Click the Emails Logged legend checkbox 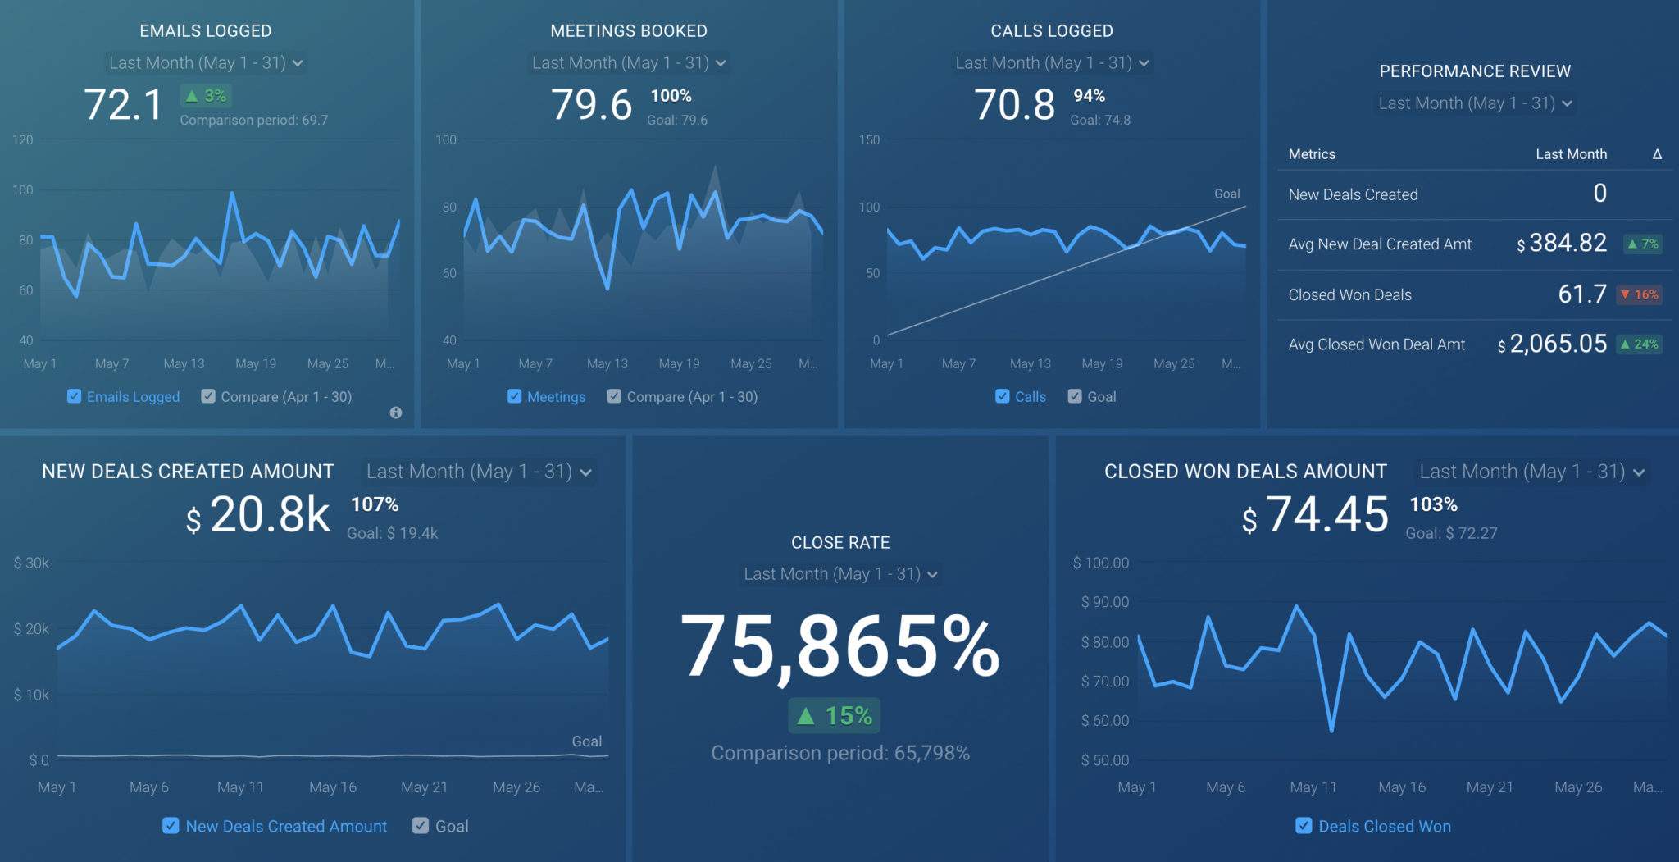click(x=75, y=396)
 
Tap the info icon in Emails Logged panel click(x=396, y=413)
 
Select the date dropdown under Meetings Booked click(x=628, y=63)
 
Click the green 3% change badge click(x=206, y=96)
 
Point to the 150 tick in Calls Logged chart click(x=869, y=140)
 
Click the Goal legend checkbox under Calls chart click(x=1075, y=396)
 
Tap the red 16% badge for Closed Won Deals click(x=1639, y=294)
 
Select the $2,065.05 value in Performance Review click(x=1558, y=344)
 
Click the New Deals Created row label click(x=1353, y=194)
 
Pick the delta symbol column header click(x=1657, y=154)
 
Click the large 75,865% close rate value click(x=839, y=648)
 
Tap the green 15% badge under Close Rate click(x=835, y=716)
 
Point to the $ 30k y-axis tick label click(x=32, y=563)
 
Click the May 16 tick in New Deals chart click(x=333, y=787)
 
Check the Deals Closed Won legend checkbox click(x=1304, y=826)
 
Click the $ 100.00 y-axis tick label click(x=1101, y=563)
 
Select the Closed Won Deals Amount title click(x=1245, y=472)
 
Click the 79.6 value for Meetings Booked click(x=591, y=105)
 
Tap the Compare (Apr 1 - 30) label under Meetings click(x=692, y=397)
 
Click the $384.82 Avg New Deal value click(x=1568, y=244)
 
